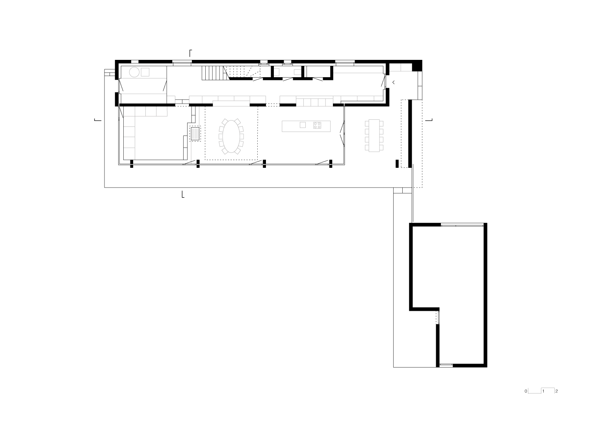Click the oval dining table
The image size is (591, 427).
click(x=231, y=136)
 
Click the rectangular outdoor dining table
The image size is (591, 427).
click(x=374, y=134)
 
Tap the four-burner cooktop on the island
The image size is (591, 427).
click(x=317, y=125)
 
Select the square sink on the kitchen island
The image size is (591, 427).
click(x=303, y=125)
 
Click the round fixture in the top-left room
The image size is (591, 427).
click(x=134, y=72)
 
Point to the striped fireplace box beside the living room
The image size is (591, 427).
click(x=195, y=134)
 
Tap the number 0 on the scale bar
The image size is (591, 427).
click(x=526, y=391)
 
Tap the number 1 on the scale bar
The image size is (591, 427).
click(x=543, y=391)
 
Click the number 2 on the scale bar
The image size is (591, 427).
click(x=556, y=391)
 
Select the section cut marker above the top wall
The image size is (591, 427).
click(x=191, y=53)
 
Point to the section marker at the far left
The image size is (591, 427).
click(x=97, y=120)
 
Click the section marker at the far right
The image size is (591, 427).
click(x=429, y=120)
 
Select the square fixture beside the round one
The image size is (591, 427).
click(x=145, y=72)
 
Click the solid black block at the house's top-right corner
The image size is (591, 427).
click(x=417, y=66)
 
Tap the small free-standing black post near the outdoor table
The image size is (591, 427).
click(x=397, y=163)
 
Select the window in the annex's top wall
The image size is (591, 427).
click(x=462, y=225)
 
